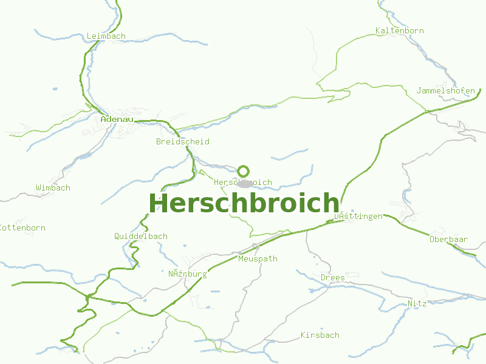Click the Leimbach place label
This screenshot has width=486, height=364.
point(106,36)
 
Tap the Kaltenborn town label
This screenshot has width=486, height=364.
point(399,30)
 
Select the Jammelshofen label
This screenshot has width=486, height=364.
point(446,91)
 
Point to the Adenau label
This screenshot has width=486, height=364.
point(117,120)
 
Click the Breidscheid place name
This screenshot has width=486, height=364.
point(182,141)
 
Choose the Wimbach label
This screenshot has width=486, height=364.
point(53,187)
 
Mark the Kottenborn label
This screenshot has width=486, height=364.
point(22,228)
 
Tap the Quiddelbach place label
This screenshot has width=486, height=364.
point(141,236)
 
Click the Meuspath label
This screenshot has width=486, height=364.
point(258,258)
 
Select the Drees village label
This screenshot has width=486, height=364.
point(332,277)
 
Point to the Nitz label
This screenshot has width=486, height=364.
point(417,303)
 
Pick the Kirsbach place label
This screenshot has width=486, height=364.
point(320,335)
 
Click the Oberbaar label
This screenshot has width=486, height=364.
point(448,239)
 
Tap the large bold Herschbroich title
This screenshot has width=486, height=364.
point(244,203)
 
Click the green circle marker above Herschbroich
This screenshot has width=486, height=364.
point(244,171)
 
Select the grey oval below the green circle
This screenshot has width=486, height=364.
point(245,183)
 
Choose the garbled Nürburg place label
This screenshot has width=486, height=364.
point(187,274)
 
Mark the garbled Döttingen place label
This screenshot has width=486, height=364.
point(358,216)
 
